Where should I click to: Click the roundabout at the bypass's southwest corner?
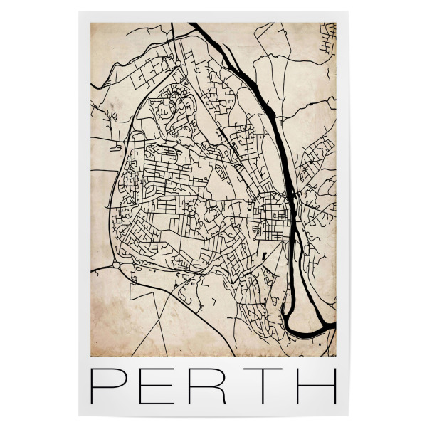[117, 265]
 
